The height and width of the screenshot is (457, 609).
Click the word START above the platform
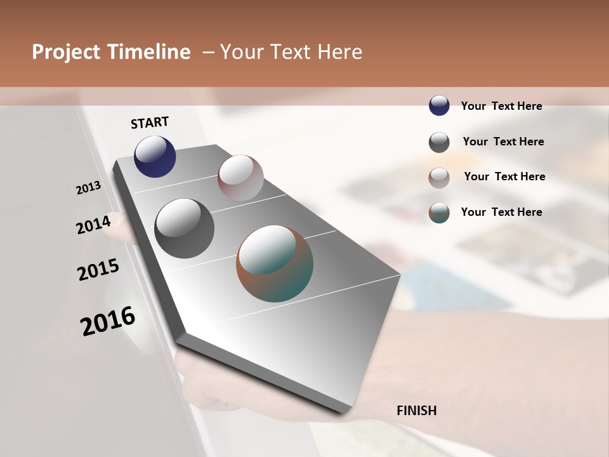click(x=150, y=123)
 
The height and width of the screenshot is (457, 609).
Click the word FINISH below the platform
click(x=417, y=411)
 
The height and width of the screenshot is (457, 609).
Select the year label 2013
click(x=88, y=188)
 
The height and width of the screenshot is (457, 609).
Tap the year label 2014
click(x=93, y=224)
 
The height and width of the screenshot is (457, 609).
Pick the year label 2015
click(x=98, y=270)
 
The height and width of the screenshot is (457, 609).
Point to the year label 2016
click(x=108, y=321)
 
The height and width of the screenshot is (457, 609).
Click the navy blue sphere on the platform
click(x=155, y=157)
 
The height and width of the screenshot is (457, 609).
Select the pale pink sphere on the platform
click(x=240, y=178)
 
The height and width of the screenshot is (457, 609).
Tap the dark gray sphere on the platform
click(x=184, y=228)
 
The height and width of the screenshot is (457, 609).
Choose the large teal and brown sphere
click(x=275, y=263)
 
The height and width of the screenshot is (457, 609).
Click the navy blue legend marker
click(x=439, y=106)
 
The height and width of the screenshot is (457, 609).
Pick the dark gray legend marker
click(x=439, y=142)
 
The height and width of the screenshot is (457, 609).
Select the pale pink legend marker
click(x=439, y=177)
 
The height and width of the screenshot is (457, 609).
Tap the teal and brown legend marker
click(x=439, y=213)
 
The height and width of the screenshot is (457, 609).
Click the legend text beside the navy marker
click(x=501, y=106)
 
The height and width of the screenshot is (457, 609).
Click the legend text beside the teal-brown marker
click(x=501, y=212)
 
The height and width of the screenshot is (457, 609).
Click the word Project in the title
click(x=65, y=52)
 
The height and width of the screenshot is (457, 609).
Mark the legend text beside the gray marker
click(x=503, y=142)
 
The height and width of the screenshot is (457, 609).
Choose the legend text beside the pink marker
click(x=504, y=176)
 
